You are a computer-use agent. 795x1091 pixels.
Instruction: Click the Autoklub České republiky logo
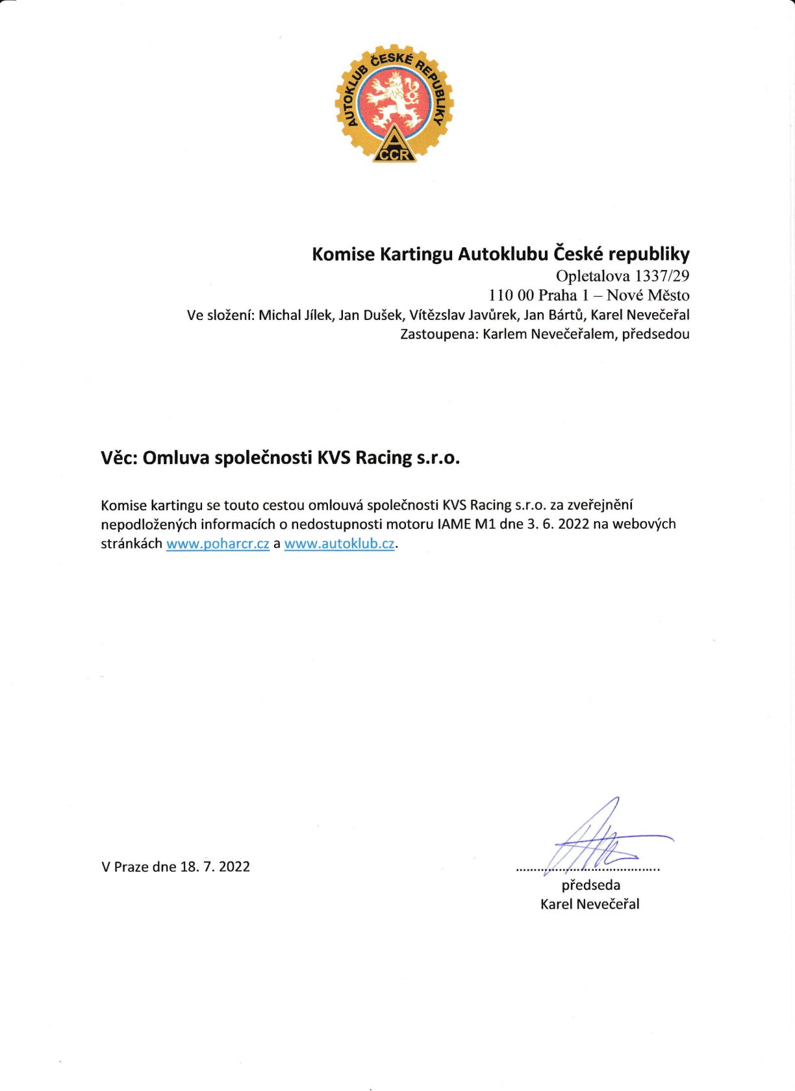(x=394, y=104)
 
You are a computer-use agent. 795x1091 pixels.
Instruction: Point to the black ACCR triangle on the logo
(x=394, y=147)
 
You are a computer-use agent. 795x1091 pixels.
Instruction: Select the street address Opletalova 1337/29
(x=622, y=276)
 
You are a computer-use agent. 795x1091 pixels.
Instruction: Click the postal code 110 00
(x=511, y=295)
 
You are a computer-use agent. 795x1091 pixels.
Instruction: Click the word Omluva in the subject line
(x=176, y=458)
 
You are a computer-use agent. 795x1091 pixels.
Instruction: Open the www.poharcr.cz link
(x=218, y=544)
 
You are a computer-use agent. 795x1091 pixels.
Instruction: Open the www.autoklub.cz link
(x=339, y=544)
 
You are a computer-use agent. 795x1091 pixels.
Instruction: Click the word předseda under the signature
(x=590, y=885)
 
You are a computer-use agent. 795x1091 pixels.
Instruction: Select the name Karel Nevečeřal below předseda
(x=590, y=904)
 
